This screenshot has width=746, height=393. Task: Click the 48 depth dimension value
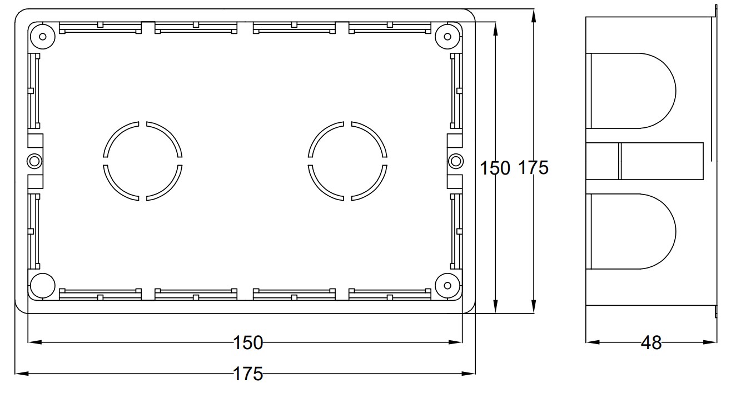pos(651,343)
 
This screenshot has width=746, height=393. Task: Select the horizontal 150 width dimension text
pos(248,343)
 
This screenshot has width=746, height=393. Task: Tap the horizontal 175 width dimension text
pos(248,374)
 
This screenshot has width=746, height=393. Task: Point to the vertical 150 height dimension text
pos(495,168)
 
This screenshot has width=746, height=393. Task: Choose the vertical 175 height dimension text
pos(533,167)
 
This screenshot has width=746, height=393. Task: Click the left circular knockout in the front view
pos(143,161)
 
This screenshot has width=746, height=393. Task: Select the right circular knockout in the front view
pos(347,161)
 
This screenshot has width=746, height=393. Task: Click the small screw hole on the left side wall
pos(34,161)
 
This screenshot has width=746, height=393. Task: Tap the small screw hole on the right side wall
pos(455,161)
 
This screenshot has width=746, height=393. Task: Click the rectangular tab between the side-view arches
pos(645,161)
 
